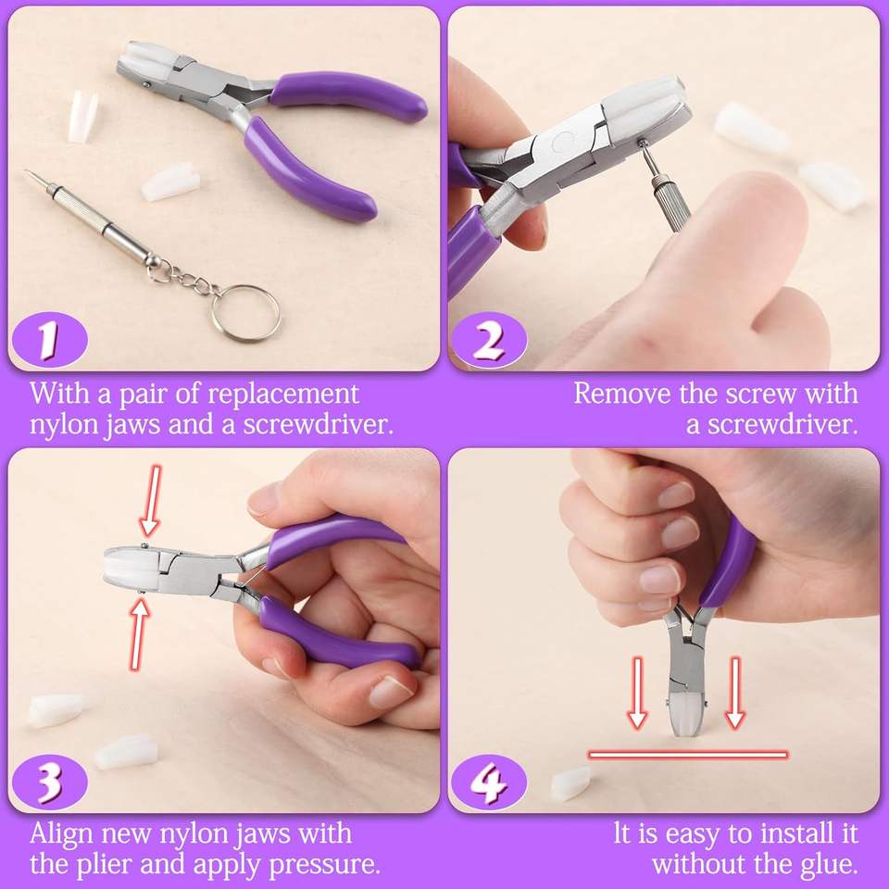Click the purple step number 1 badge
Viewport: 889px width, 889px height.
pyautogui.click(x=50, y=341)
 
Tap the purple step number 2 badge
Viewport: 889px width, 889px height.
pyautogui.click(x=489, y=341)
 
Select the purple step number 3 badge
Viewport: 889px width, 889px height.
pyautogui.click(x=50, y=782)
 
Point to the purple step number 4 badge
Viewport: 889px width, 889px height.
pyautogui.click(x=489, y=782)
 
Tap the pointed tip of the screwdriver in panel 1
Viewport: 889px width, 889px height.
pyautogui.click(x=26, y=171)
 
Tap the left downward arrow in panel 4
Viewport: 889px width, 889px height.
pyautogui.click(x=637, y=693)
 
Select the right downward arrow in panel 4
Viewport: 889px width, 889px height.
pyautogui.click(x=735, y=693)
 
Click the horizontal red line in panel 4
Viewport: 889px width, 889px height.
pyautogui.click(x=688, y=754)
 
